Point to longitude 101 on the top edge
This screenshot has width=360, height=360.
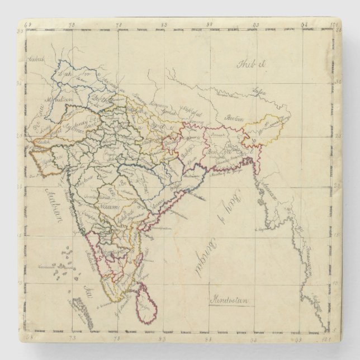[334, 25]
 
